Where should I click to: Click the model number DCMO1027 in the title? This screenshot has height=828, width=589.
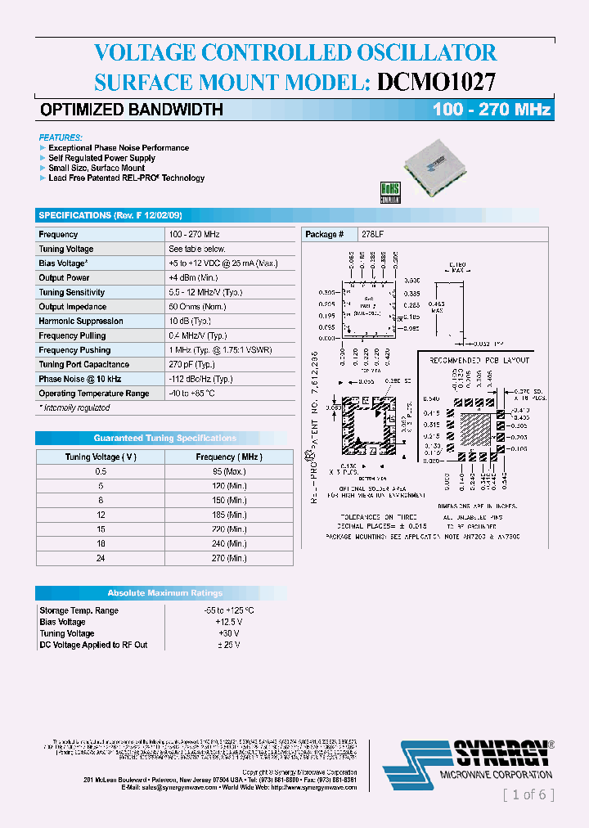click(x=435, y=81)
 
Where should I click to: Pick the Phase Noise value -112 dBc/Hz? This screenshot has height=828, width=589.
click(x=200, y=379)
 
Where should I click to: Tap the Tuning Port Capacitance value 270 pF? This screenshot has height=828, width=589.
click(x=191, y=364)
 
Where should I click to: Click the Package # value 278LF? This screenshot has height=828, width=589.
click(x=372, y=234)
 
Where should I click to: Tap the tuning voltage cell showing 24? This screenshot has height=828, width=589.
click(x=101, y=558)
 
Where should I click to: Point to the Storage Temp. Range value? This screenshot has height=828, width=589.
click(x=229, y=610)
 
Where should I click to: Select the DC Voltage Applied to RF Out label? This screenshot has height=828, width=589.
click(x=93, y=645)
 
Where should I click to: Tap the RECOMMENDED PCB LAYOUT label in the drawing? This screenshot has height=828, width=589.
click(x=479, y=360)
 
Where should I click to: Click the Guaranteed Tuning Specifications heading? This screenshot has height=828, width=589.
click(x=164, y=438)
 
